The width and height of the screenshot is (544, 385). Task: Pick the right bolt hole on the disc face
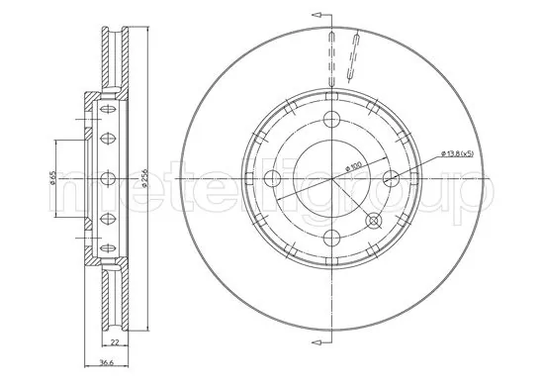[391, 179]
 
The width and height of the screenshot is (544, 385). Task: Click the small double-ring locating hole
[373, 220]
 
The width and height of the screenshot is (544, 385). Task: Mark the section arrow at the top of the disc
[318, 15]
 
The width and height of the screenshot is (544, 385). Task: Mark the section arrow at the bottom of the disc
[318, 343]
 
